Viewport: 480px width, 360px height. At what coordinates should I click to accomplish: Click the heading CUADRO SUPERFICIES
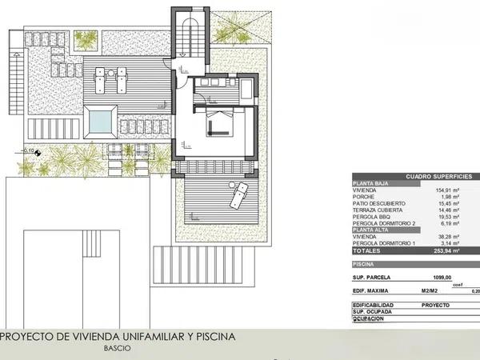coord(438,176)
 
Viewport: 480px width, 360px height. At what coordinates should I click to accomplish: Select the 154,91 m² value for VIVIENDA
coord(451,190)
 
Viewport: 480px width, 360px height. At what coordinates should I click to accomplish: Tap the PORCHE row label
coord(365,197)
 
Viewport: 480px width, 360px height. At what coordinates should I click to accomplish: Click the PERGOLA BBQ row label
coord(374,216)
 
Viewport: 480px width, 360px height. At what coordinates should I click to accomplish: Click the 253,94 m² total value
coord(451,250)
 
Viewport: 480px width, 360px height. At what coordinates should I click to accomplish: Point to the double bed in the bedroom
coord(218,124)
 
